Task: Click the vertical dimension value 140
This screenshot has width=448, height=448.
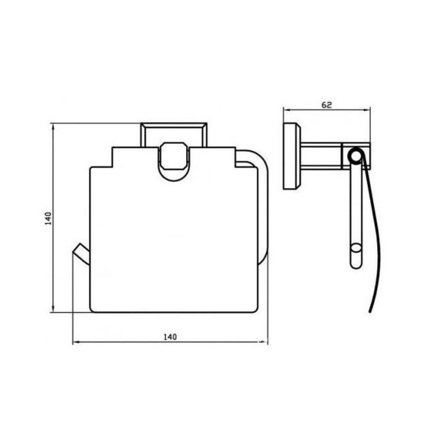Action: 46,218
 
